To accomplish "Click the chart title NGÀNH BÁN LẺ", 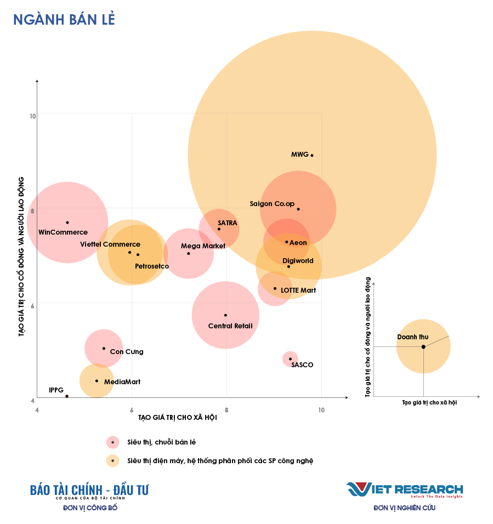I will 64,20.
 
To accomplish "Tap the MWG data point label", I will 299,155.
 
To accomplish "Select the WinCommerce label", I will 63,232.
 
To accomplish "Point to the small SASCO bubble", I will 290,359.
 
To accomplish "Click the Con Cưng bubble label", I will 127,352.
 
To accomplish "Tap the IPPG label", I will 56,390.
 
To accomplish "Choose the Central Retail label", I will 230,326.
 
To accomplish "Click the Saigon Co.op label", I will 272,204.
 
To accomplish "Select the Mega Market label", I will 203,246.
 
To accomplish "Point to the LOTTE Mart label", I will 298,290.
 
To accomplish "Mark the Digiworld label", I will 298,261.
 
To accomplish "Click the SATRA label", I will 227,223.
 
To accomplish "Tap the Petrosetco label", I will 152,266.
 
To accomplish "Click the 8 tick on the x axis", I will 226,410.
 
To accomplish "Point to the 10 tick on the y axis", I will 32,116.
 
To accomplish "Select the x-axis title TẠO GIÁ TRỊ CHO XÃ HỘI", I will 178,418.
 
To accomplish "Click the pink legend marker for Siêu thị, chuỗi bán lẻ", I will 113,442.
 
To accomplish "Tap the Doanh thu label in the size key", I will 412,337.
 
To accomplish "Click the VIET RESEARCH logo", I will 404,489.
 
